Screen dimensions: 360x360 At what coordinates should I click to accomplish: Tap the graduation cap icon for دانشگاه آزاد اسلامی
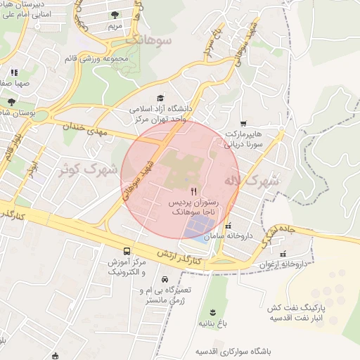[x=160, y=98]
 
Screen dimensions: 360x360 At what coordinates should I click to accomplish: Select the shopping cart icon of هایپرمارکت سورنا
[x=243, y=123]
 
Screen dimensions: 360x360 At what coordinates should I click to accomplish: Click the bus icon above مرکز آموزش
[x=127, y=251]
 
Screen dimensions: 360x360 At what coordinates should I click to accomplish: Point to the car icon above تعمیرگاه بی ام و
[x=165, y=279]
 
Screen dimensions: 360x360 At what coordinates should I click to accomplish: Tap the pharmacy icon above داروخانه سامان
[x=228, y=226]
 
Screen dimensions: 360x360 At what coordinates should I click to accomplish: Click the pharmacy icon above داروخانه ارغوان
[x=283, y=254]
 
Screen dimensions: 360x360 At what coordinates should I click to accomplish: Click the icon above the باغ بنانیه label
[x=211, y=312]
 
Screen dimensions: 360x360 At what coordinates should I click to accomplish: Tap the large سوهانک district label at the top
[x=149, y=41]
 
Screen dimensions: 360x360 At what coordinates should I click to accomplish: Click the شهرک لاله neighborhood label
[x=251, y=181]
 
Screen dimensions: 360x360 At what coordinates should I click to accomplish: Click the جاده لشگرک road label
[x=278, y=235]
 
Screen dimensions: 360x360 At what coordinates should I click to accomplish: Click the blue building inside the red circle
[x=198, y=225]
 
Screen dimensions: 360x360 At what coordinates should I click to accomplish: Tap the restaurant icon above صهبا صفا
[x=13, y=72]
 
